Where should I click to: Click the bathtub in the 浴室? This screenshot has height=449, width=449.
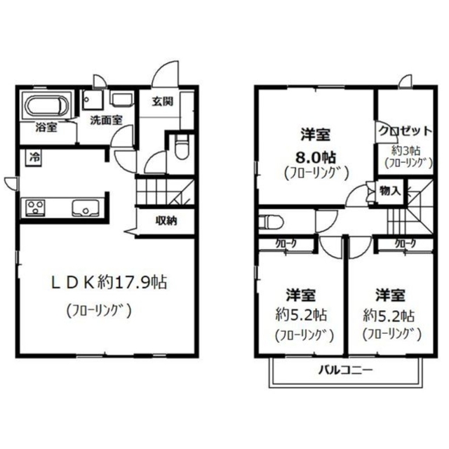(46, 107)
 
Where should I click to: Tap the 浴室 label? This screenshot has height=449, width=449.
(46, 128)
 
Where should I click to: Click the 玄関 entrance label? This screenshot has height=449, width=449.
(162, 101)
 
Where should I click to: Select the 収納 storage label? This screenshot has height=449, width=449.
(166, 221)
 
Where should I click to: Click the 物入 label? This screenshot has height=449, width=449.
(390, 191)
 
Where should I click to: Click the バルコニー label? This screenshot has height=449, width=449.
(347, 369)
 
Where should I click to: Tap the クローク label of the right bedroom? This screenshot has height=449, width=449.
(405, 243)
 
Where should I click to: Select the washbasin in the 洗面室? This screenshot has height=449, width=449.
(122, 99)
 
